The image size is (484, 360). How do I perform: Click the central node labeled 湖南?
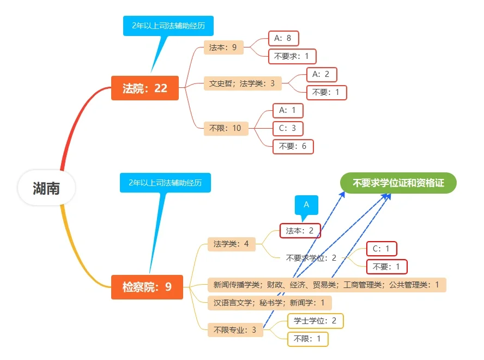tap(46, 189)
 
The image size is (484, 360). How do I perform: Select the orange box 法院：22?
tap(145, 88)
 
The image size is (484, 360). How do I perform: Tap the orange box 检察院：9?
tap(147, 287)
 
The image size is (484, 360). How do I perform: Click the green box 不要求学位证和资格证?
tap(398, 183)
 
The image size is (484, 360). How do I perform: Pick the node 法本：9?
tap(223, 47)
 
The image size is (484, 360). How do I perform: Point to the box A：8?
tap(283, 38)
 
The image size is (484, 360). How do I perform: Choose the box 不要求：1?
tap(292, 56)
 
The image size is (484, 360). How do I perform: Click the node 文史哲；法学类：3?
tap(242, 83)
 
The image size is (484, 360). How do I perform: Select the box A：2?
tap(321, 74)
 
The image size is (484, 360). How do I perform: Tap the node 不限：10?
tap(225, 129)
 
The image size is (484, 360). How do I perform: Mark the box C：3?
tap(288, 128)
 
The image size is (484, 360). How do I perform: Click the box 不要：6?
tap(293, 146)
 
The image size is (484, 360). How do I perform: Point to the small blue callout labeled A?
tap(306, 205)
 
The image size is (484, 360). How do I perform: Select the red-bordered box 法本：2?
tap(300, 231)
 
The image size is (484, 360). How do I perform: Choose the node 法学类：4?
tap(231, 244)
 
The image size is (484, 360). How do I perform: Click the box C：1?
tap(381, 249)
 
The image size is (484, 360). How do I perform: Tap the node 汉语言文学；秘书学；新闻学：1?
tap(269, 303)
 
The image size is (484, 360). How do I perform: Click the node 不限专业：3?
tap(235, 330)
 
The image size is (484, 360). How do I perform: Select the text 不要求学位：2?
tap(311, 258)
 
